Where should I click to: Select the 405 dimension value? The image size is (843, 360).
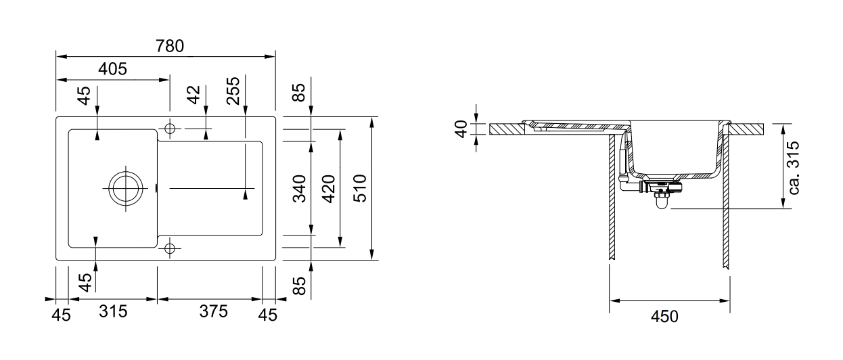point(112,69)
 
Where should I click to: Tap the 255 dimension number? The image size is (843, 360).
point(234,91)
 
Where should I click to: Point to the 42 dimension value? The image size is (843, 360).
point(194,94)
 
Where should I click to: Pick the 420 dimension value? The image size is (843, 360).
point(329,189)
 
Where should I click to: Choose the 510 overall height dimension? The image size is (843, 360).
point(359,188)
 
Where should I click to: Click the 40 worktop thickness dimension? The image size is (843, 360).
point(462,128)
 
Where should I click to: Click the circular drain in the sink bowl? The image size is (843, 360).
point(125,187)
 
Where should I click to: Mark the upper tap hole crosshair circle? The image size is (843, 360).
point(169,128)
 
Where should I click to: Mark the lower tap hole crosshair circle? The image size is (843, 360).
point(169,247)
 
